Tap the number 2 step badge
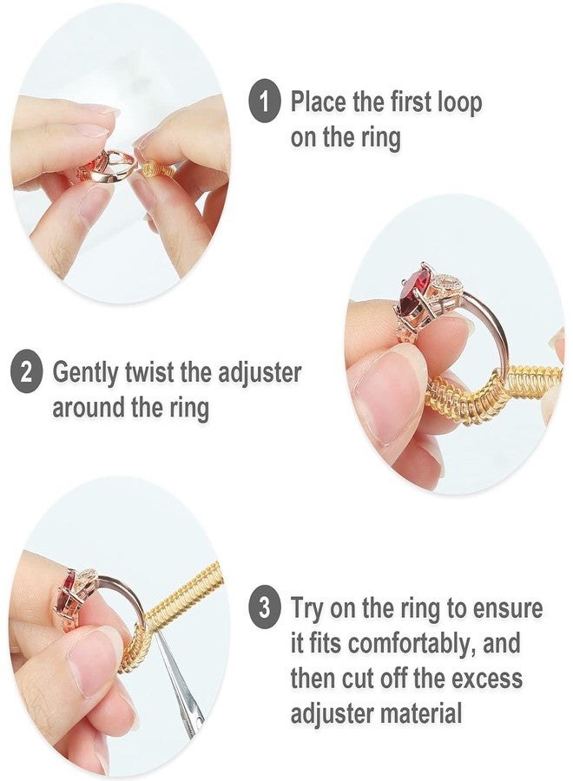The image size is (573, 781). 27,374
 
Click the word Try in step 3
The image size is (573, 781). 309,608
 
